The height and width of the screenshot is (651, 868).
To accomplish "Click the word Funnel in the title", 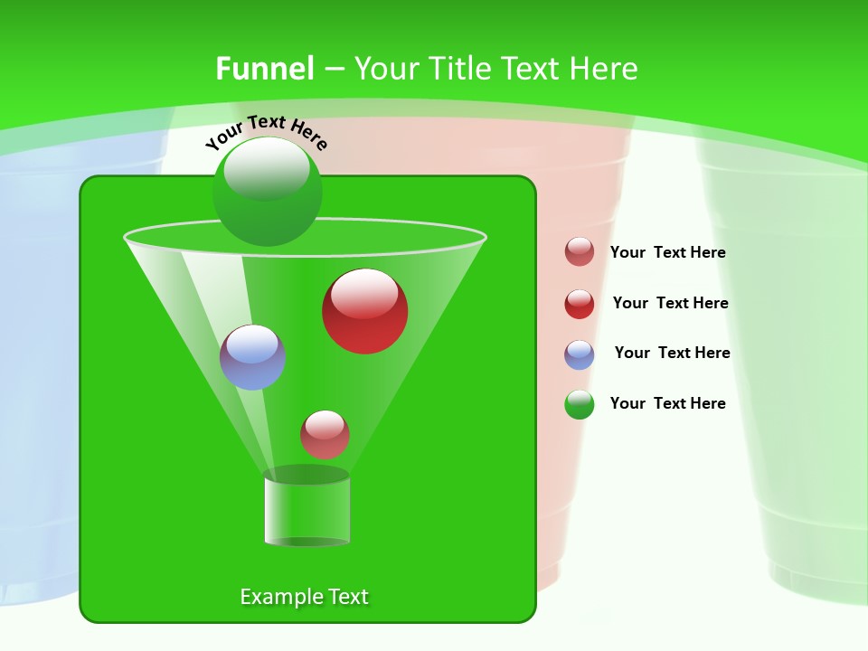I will tap(264, 69).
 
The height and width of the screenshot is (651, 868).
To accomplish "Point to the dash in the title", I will tap(333, 70).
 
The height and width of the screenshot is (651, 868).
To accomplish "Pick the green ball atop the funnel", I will tap(268, 192).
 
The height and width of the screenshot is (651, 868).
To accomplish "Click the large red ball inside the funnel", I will tap(364, 312).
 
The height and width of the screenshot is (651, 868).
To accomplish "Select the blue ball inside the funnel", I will tap(253, 357).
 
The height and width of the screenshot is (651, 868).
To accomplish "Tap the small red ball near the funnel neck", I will tap(325, 435).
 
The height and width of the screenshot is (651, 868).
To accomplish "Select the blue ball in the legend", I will tap(580, 354).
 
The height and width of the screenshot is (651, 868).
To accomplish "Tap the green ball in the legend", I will tap(580, 404).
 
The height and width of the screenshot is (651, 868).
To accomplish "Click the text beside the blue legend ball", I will tap(672, 353).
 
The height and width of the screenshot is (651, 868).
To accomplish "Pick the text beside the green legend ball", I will tap(667, 403).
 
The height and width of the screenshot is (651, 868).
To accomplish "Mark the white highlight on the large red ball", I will tap(363, 292).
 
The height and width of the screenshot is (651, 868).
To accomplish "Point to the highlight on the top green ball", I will tap(267, 167).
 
